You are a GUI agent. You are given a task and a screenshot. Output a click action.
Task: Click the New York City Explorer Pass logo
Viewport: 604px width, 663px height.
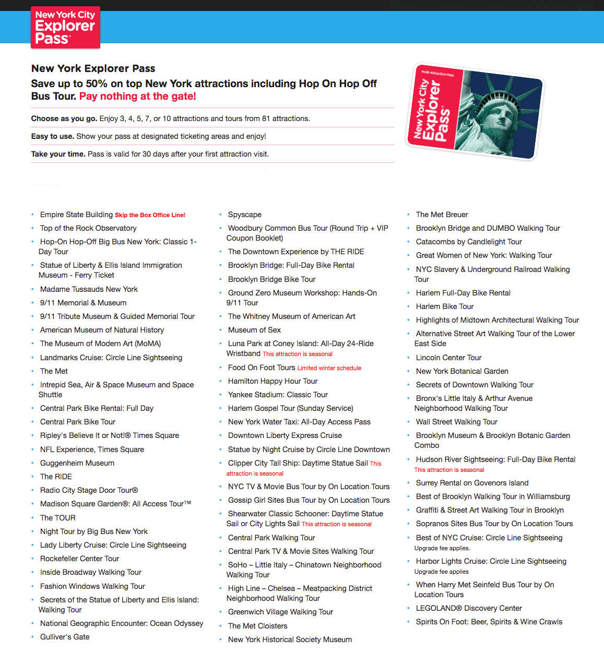click(x=65, y=27)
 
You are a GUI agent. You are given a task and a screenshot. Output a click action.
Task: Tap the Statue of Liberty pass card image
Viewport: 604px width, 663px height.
click(x=475, y=112)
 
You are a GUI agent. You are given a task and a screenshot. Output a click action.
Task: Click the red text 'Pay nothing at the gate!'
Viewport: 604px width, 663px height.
click(x=137, y=97)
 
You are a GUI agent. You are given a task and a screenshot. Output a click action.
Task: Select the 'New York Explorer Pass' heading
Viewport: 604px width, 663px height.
click(x=93, y=68)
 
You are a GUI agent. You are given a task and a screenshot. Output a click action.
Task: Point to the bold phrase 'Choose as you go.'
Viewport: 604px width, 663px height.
click(x=64, y=119)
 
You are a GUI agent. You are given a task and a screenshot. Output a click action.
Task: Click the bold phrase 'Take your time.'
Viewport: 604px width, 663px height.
click(x=58, y=154)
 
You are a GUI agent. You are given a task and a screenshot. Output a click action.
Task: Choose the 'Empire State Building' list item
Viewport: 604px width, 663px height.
click(x=76, y=215)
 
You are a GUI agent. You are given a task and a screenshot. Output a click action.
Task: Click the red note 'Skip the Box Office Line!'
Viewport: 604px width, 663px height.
click(x=150, y=215)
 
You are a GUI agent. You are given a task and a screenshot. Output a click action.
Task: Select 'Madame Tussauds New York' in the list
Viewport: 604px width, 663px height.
click(x=89, y=289)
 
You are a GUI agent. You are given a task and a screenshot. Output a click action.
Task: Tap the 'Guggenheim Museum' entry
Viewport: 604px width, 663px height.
click(x=77, y=463)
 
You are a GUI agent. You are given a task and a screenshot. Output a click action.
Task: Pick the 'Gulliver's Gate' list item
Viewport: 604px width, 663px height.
click(x=65, y=637)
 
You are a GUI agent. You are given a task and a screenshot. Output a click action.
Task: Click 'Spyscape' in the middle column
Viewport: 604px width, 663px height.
click(x=245, y=215)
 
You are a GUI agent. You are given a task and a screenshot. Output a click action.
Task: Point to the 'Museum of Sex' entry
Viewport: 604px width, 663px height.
click(x=254, y=330)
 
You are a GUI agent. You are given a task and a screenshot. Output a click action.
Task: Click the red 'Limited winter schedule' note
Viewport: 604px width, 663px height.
click(x=329, y=368)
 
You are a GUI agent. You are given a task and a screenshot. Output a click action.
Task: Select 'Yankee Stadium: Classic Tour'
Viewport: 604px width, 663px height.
click(x=278, y=395)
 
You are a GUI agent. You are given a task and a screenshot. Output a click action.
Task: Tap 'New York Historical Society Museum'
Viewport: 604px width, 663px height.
click(x=290, y=640)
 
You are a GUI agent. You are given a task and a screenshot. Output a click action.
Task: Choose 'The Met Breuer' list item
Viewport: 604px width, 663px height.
click(x=442, y=215)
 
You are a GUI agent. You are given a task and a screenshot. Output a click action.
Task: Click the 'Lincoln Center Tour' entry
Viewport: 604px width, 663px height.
click(x=448, y=358)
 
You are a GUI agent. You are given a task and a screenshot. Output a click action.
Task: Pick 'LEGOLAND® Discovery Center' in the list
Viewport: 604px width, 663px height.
click(x=469, y=608)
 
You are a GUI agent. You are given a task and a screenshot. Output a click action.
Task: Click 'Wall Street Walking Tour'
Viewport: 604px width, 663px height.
click(x=456, y=422)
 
